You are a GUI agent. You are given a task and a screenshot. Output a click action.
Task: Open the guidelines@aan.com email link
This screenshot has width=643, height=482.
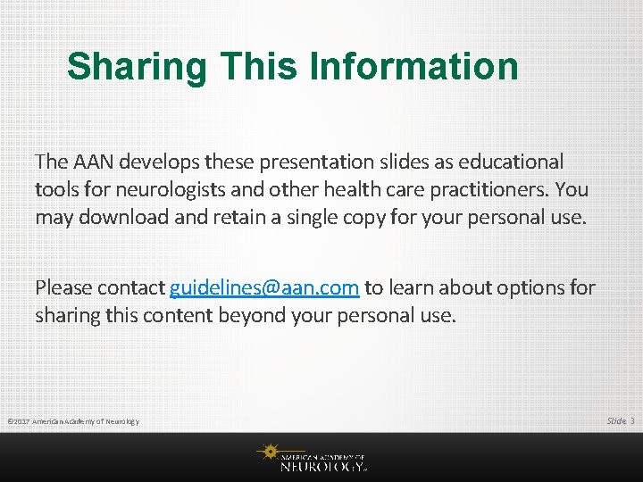coord(264,287)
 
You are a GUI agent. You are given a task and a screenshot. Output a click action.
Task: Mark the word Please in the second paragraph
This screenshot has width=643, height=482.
coord(63,287)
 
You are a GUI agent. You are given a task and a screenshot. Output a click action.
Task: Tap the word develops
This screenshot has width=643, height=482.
coord(160,162)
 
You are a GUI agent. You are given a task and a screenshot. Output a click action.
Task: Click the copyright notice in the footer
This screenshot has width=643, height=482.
coord(72,420)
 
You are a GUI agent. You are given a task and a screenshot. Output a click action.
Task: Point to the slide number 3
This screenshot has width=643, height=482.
coord(631,420)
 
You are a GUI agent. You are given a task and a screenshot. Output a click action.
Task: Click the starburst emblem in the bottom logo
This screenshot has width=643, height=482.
coord(267,453)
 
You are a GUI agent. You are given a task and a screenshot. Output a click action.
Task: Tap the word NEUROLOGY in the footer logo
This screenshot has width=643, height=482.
coord(321,465)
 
